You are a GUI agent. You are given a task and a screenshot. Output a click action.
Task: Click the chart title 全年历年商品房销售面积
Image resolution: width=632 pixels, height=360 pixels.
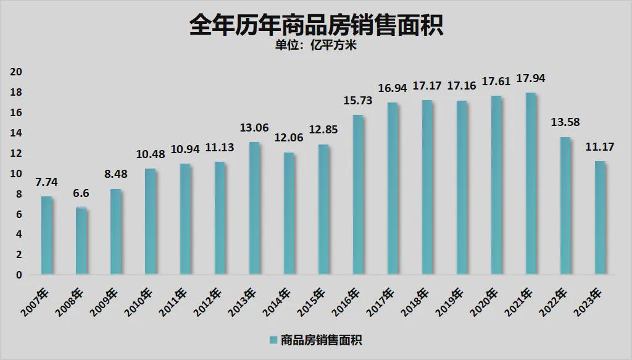click(316, 25)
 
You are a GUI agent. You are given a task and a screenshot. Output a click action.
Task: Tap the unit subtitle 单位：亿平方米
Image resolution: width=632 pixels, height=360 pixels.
click(316, 44)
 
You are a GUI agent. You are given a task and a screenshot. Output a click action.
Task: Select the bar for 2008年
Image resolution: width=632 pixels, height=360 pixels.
click(81, 241)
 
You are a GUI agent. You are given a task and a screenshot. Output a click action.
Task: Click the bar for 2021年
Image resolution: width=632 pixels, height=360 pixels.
click(531, 183)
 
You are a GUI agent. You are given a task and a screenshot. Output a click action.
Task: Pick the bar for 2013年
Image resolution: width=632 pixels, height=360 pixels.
click(254, 209)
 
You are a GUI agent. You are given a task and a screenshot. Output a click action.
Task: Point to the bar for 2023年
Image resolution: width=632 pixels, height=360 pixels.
click(601, 218)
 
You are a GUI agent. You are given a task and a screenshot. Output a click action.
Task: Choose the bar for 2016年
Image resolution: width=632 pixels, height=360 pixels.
click(359, 195)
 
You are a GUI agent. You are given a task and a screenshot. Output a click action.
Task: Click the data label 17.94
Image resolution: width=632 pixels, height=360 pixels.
click(531, 78)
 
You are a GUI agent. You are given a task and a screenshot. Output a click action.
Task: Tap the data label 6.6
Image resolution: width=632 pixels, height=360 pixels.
click(81, 193)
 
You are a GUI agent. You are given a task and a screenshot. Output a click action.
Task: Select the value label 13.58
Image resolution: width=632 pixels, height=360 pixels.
click(565, 122)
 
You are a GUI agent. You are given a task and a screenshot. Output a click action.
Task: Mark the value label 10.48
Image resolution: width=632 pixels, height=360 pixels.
click(151, 154)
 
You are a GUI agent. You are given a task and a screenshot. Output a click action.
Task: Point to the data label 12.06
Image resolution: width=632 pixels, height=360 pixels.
click(289, 138)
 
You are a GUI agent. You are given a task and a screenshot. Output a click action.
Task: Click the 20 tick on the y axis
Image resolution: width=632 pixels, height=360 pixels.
click(16, 72)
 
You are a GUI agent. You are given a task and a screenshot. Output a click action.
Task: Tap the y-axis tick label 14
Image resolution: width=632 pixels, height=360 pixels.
click(16, 133)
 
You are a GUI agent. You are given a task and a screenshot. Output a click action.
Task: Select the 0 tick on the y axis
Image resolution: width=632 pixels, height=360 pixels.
click(19, 275)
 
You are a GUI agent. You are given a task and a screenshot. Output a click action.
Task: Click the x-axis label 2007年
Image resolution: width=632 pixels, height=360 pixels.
click(35, 302)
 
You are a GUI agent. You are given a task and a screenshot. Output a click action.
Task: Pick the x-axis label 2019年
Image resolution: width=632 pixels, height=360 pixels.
click(450, 302)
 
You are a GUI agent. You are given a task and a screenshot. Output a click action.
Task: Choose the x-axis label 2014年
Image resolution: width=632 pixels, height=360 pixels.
click(277, 302)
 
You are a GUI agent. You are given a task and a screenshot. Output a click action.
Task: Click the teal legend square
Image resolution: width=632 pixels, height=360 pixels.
click(273, 340)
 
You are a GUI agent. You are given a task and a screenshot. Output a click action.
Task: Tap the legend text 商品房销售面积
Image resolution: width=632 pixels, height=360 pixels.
click(321, 340)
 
